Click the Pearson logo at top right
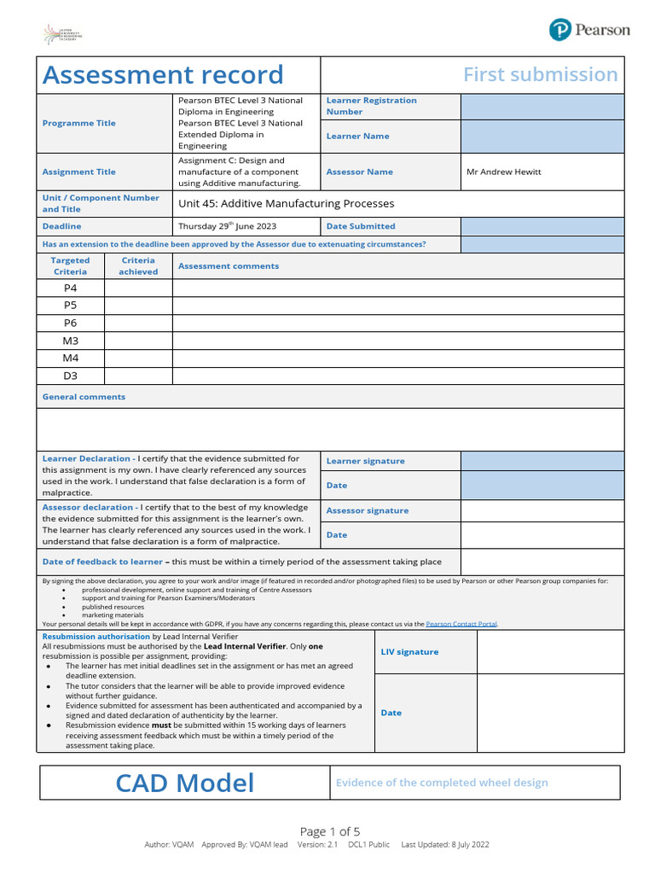(589, 30)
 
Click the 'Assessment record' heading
(163, 75)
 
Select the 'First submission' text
(540, 75)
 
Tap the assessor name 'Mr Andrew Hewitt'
(503, 172)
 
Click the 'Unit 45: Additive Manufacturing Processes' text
(286, 203)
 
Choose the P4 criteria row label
(70, 288)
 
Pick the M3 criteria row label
(70, 341)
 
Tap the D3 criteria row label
(70, 376)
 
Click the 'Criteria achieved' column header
(138, 266)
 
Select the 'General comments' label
(84, 397)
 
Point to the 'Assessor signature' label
(367, 510)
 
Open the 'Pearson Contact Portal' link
(461, 624)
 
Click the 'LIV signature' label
(409, 652)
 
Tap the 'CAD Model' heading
(185, 783)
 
